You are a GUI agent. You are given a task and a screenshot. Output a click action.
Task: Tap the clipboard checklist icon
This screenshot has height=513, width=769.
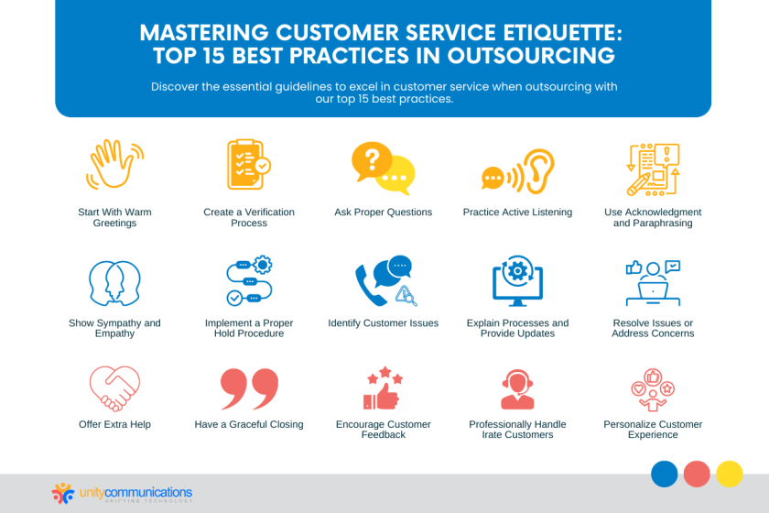pyautogui.click(x=248, y=166)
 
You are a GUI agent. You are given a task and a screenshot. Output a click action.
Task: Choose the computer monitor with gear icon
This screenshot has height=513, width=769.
pyautogui.click(x=517, y=281)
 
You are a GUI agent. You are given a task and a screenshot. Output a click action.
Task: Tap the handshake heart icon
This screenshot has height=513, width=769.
pyautogui.click(x=114, y=388)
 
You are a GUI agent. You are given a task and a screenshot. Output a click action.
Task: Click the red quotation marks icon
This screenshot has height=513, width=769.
pyautogui.click(x=248, y=388)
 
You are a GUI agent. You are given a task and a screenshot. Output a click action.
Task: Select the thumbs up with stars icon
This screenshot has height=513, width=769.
pyautogui.click(x=383, y=388)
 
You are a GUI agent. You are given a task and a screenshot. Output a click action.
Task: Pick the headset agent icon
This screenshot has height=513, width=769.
pyautogui.click(x=517, y=388)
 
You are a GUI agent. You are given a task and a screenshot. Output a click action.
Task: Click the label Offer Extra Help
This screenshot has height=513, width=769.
pyautogui.click(x=114, y=424)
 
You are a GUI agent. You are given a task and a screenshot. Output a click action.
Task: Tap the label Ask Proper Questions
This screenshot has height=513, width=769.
pyautogui.click(x=383, y=212)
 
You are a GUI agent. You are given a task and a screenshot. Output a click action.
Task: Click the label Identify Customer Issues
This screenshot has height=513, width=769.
pyautogui.click(x=383, y=322)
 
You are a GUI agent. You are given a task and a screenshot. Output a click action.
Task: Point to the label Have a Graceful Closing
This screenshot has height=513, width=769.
pyautogui.click(x=248, y=424)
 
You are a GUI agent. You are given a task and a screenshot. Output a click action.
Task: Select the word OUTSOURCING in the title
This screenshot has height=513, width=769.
pyautogui.click(x=531, y=56)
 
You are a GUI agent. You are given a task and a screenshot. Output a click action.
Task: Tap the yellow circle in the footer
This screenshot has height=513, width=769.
pyautogui.click(x=729, y=473)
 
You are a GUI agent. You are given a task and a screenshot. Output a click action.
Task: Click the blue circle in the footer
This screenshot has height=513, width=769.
pyautogui.click(x=665, y=473)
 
